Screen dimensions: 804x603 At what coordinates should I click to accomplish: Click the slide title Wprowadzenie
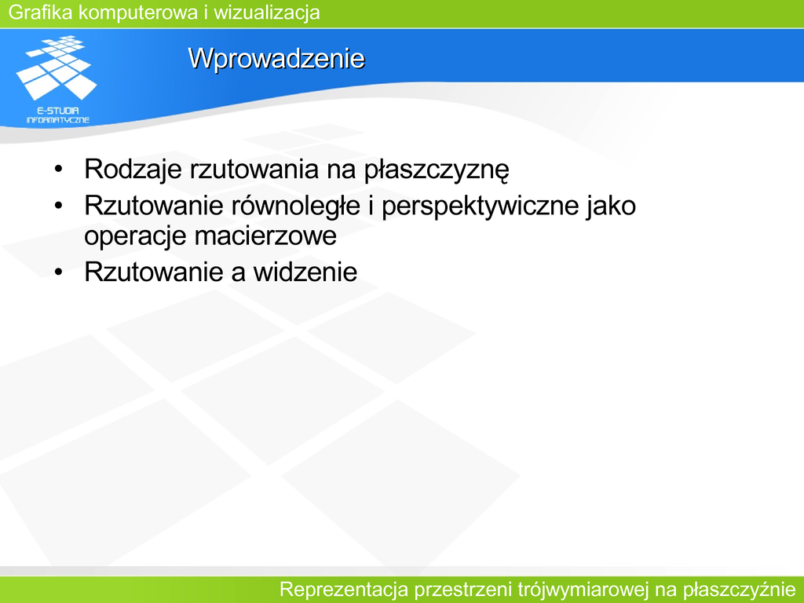[276, 58]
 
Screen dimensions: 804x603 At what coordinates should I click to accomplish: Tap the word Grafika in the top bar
[41, 12]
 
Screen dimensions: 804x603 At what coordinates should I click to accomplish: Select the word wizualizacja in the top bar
[267, 13]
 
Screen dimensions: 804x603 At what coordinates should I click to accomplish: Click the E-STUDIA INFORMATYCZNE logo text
[58, 115]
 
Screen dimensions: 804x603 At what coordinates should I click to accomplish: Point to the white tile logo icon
[57, 68]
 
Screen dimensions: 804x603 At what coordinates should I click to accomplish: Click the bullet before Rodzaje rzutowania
[58, 169]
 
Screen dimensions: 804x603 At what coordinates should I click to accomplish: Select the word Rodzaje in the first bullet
[133, 170]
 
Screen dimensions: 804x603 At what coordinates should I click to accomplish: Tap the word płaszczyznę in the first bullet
[437, 170]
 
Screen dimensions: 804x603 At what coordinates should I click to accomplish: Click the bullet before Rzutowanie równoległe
[58, 206]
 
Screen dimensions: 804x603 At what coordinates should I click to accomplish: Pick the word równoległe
[296, 206]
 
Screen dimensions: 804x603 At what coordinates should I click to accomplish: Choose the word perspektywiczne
[480, 206]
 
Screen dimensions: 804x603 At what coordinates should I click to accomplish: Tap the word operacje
[135, 236]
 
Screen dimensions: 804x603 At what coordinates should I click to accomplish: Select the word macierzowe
[265, 236]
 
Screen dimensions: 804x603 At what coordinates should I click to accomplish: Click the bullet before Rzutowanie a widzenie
[58, 272]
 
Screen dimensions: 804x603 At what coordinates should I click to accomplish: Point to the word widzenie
[305, 272]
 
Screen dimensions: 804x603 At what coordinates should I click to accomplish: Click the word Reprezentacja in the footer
[343, 590]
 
